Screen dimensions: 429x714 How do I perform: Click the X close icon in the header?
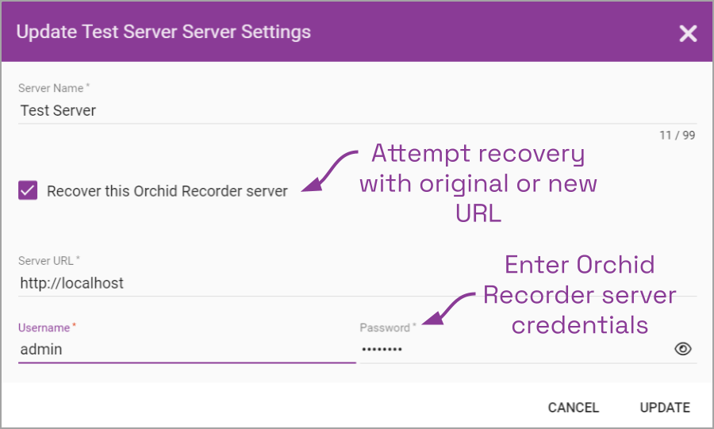[x=688, y=33]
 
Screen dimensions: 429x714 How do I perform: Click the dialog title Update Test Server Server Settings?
[x=163, y=33]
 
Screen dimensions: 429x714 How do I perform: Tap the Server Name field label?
[x=53, y=88]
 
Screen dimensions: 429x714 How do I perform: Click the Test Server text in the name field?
[x=58, y=110]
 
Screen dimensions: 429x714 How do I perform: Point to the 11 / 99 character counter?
[x=677, y=136]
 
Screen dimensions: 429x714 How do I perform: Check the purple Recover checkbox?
[x=28, y=190]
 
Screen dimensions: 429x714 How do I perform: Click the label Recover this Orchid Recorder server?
[x=167, y=191]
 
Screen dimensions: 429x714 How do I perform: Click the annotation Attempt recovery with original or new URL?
[x=478, y=183]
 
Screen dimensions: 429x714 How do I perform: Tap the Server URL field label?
[x=49, y=261]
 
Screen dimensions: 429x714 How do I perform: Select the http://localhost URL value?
[x=71, y=283]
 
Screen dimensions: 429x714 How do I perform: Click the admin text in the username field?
[x=41, y=349]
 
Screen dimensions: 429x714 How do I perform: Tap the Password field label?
[x=387, y=327]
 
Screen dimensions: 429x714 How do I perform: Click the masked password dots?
[x=382, y=349]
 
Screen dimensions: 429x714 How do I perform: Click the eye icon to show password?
[x=683, y=349]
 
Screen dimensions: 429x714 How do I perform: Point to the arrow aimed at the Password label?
[x=451, y=307]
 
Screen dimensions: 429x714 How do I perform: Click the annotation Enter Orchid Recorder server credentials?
[x=579, y=294]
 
